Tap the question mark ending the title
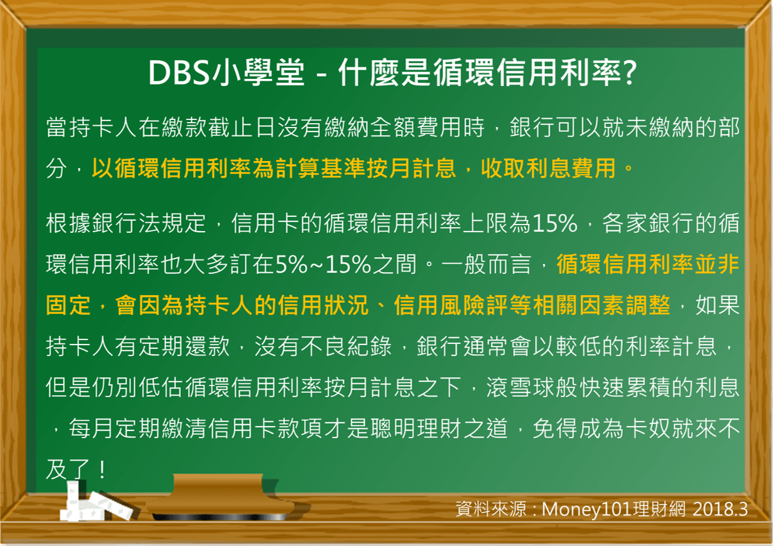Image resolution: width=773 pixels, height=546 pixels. click(x=629, y=74)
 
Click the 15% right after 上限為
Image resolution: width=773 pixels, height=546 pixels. click(x=555, y=224)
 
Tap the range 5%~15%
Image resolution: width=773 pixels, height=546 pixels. click(x=324, y=264)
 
